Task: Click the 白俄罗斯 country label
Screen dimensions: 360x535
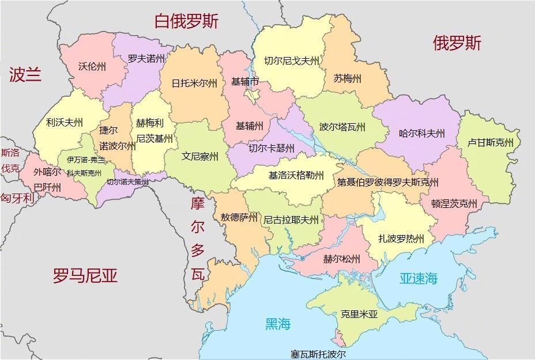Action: [186, 22]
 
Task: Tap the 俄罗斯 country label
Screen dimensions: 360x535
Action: [457, 43]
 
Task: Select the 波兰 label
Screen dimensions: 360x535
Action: [25, 74]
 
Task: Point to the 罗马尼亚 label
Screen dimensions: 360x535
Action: [85, 275]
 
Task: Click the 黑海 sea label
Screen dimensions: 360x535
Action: [277, 324]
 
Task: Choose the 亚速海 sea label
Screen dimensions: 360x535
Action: [419, 279]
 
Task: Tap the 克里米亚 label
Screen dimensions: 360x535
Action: [359, 314]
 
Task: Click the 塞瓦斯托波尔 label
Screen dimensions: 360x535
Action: [318, 354]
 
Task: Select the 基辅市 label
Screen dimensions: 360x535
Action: [245, 82]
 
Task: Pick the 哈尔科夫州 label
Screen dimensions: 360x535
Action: [422, 134]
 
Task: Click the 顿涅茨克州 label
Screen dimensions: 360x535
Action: [455, 203]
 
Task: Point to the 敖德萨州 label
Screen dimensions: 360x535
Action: [239, 217]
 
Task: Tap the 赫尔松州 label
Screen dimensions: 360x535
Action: [342, 258]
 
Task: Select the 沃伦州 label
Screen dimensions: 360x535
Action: [92, 66]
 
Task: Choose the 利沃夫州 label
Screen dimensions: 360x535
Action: [65, 122]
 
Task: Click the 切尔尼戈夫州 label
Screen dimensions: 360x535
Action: [292, 60]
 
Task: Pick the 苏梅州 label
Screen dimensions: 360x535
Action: [348, 78]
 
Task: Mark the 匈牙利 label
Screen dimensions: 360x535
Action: [17, 198]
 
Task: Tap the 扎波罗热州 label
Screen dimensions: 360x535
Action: [401, 238]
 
